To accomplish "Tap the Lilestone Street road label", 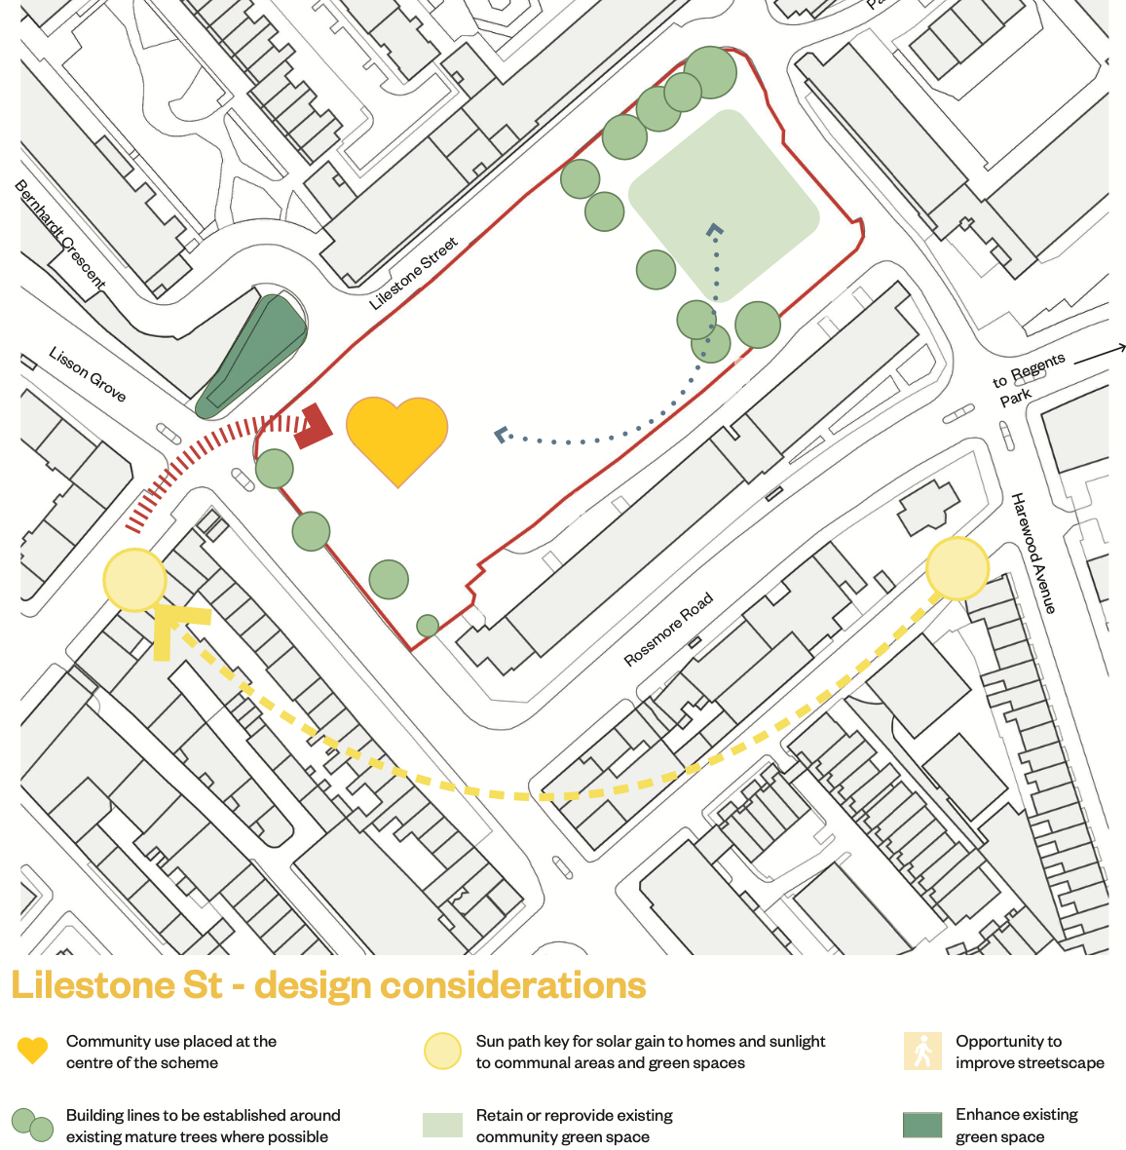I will click(414, 274).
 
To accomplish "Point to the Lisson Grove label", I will click(88, 374).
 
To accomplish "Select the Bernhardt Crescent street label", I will click(59, 234).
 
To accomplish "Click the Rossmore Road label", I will click(668, 630).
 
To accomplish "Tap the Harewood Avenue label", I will click(1033, 553).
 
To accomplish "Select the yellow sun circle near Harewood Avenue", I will click(957, 568).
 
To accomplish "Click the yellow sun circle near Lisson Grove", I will click(134, 580).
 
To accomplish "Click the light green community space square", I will click(723, 206).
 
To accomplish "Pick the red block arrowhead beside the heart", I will click(314, 427).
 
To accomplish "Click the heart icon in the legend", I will click(32, 1051).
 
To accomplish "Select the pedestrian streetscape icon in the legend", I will click(920, 1052).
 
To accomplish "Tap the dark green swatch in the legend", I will click(921, 1125).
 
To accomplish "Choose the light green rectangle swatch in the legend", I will click(442, 1125).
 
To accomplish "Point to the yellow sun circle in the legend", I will click(442, 1052).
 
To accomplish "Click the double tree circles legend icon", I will click(32, 1125).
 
